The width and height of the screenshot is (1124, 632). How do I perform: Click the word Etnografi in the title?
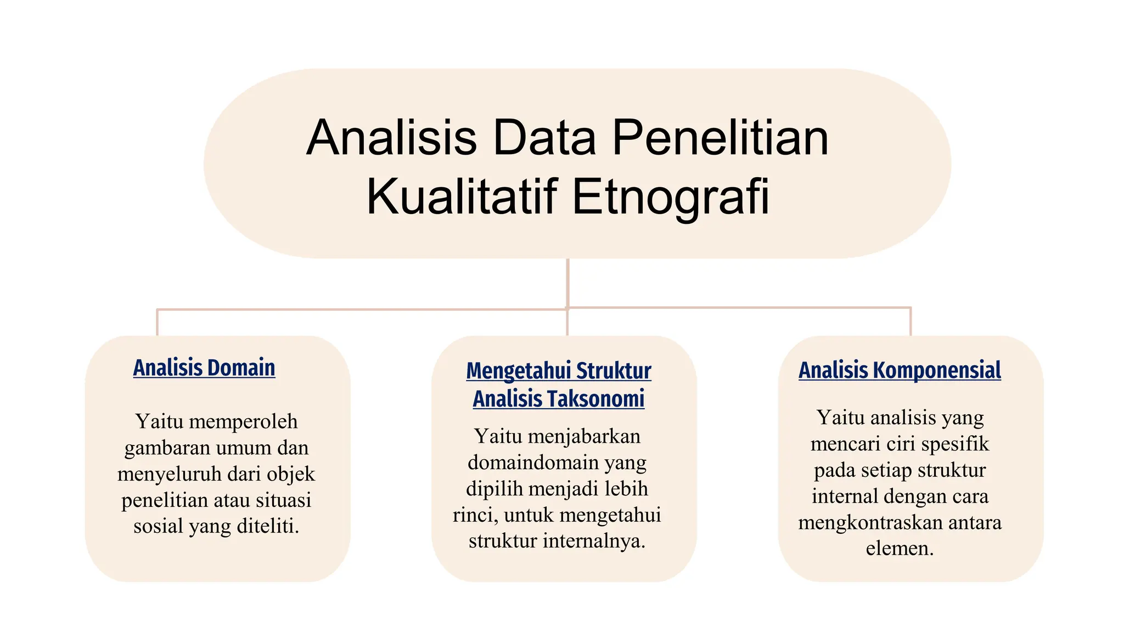coord(671,196)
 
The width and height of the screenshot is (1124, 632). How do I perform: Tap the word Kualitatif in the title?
coord(462,196)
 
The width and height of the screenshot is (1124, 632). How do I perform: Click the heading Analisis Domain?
coord(204,368)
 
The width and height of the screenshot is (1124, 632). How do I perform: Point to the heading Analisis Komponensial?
coord(900,370)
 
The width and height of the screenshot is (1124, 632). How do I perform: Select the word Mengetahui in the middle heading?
coord(519,371)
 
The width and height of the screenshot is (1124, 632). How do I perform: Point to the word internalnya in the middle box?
coord(594,541)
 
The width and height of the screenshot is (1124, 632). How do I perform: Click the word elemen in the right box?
coord(899,548)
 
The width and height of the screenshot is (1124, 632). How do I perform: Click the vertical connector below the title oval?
coord(567,283)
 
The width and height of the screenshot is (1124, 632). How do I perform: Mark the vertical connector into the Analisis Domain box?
coord(158,323)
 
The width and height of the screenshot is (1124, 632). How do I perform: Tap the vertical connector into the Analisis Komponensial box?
coord(911,321)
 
